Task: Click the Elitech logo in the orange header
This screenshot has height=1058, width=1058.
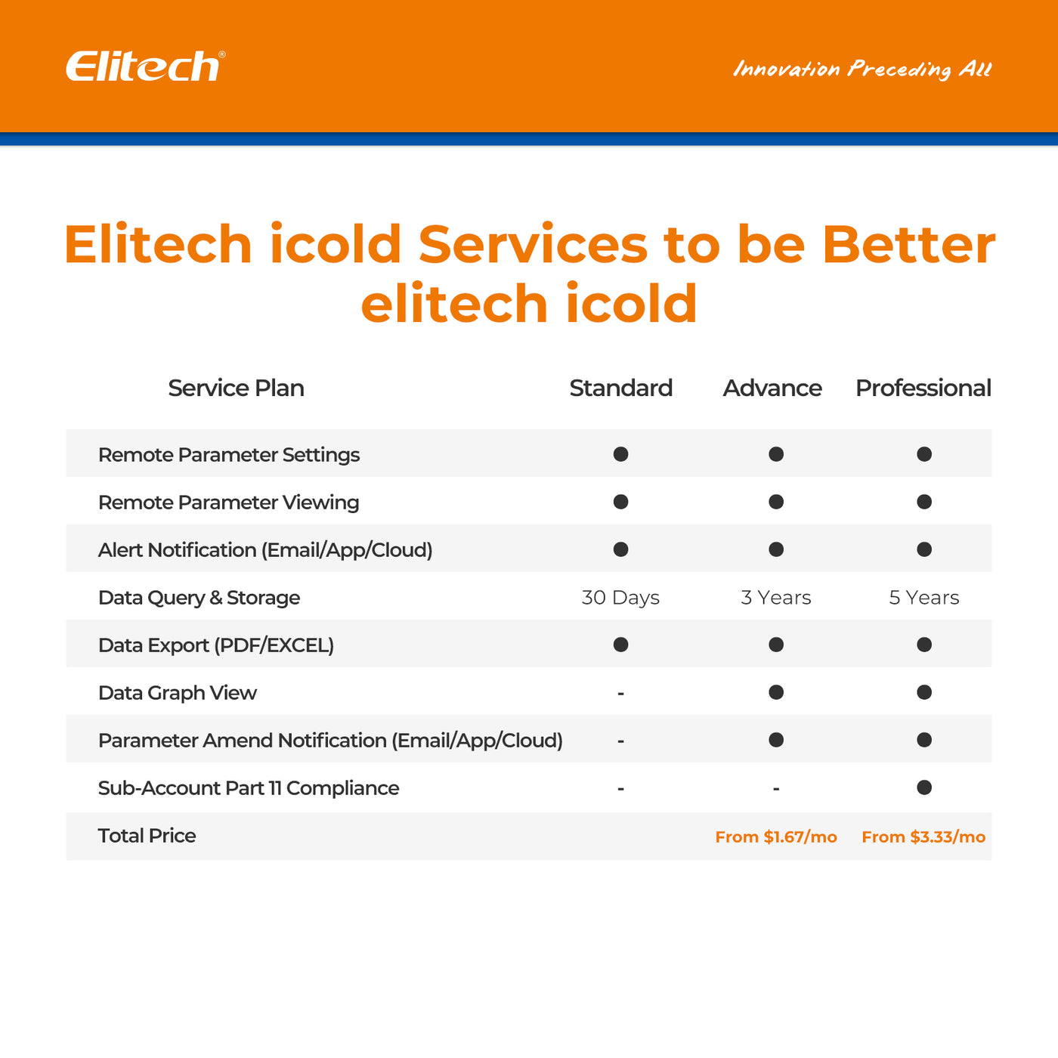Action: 144,67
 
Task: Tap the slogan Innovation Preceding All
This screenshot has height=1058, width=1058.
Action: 862,69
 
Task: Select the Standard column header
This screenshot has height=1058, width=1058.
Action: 620,388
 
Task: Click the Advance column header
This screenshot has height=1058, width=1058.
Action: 772,388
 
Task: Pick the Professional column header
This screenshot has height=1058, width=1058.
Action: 923,388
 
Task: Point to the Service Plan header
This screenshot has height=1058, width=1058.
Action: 236,388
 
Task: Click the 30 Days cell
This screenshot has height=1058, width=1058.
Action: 620,598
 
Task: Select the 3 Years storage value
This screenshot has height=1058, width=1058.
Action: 775,598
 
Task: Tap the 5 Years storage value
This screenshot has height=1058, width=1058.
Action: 923,598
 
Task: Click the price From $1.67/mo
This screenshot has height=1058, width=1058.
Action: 776,837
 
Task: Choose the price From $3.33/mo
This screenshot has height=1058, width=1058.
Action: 923,837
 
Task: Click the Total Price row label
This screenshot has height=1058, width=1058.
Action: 147,836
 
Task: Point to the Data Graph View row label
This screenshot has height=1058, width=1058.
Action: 178,693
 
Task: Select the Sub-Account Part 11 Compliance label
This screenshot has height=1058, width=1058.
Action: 249,788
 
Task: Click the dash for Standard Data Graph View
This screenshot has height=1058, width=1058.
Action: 620,693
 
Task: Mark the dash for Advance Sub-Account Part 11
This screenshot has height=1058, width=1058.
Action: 776,788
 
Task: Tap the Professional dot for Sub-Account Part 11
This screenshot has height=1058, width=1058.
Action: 923,787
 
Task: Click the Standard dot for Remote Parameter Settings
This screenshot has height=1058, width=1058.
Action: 620,454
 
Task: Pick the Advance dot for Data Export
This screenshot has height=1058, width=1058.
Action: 776,645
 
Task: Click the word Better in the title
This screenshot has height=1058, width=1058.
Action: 908,245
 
